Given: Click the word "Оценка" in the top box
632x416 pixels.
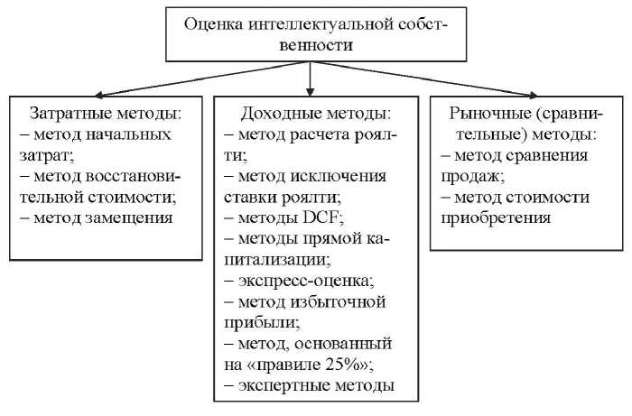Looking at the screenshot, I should (214, 23).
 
